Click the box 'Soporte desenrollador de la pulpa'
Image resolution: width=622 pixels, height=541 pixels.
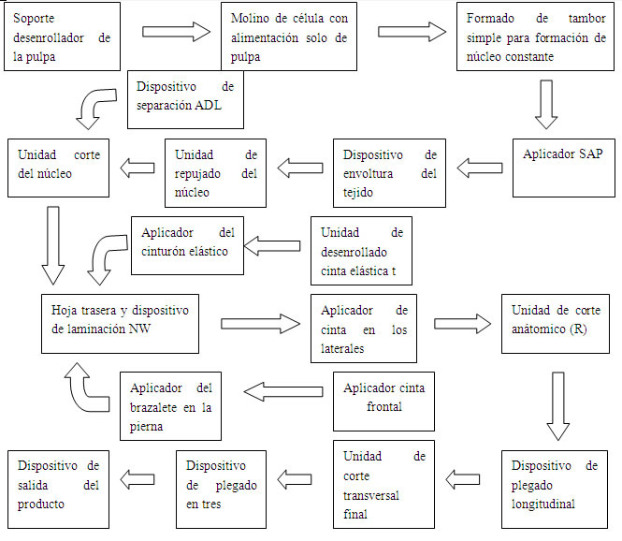coord(63,36)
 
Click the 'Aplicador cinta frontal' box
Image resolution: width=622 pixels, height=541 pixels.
coord(383,398)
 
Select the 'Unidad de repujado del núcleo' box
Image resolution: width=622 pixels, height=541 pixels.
coord(215,172)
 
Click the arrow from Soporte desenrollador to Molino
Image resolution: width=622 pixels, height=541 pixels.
coord(178,33)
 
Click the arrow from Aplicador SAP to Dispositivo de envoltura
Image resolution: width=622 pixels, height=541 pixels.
coord(479,168)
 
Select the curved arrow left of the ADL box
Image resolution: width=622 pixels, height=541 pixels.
coord(97,105)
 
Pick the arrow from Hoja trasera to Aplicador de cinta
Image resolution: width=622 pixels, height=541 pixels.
coord(261,323)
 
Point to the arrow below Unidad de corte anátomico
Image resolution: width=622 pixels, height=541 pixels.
coord(557,405)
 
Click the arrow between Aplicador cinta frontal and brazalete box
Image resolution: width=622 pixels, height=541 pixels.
coord(278,387)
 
